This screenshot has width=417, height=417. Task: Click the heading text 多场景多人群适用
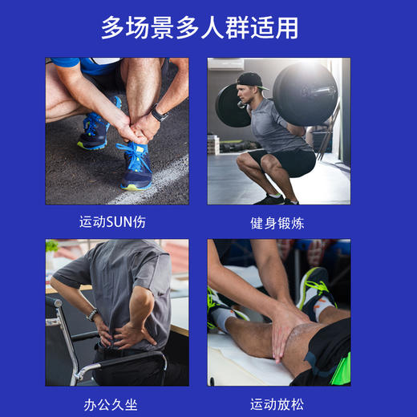click(200, 27)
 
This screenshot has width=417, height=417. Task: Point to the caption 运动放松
click(277, 403)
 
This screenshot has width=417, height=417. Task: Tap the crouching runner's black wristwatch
click(160, 113)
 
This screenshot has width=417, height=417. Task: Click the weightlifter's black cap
click(251, 81)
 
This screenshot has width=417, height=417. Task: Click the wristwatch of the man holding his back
click(93, 315)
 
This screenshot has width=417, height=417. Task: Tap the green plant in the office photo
click(52, 247)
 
